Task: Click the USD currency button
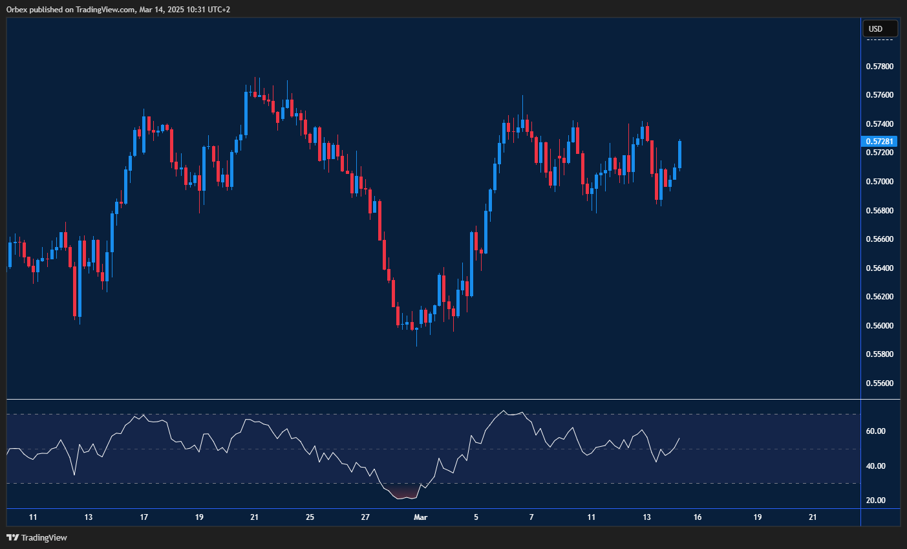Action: click(880, 28)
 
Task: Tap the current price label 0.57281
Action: click(880, 141)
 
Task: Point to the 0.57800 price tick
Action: click(879, 67)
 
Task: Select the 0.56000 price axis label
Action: click(879, 326)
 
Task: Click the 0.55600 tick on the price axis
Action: click(879, 383)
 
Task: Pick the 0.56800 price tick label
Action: click(879, 211)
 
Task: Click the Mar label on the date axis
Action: click(421, 517)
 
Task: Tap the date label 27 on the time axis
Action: click(365, 517)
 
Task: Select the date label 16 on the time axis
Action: click(698, 517)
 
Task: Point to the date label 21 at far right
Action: click(813, 517)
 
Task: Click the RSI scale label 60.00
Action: click(876, 431)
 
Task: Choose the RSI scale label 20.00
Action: click(876, 501)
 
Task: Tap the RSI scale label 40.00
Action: click(876, 466)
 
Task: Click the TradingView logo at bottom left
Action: click(37, 537)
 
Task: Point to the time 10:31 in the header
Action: click(184, 10)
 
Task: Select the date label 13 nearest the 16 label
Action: click(647, 517)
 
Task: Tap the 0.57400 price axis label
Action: click(879, 124)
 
